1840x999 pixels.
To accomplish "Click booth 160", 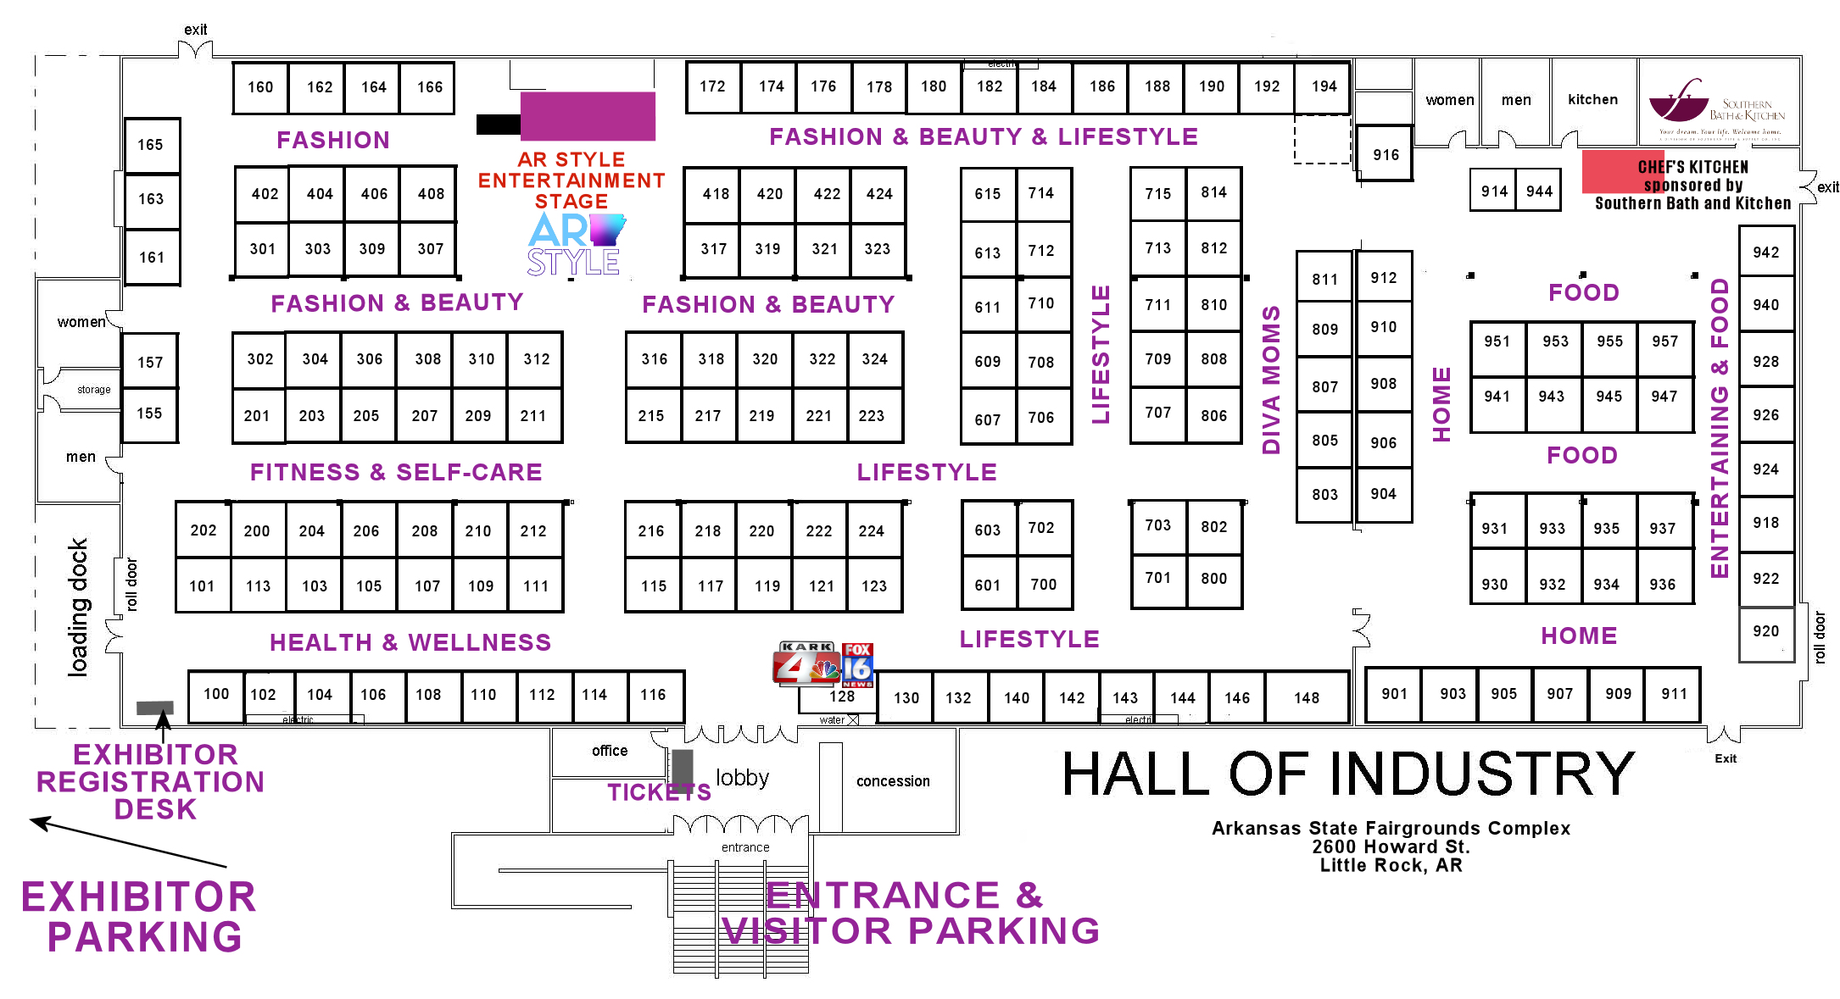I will coord(259,87).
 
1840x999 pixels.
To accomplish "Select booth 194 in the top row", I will coord(1323,86).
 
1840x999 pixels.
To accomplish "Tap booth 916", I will coord(1386,154).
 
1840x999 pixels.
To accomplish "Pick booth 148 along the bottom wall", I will coord(1306,697).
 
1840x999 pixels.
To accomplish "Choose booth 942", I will coord(1765,252).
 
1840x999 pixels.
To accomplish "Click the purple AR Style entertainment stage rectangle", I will coord(588,116).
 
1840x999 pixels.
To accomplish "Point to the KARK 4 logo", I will coord(805,663).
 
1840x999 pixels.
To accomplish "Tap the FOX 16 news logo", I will coord(857,664).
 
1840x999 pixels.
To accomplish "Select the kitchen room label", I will coord(1592,99).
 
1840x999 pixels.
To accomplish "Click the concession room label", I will coord(893,780).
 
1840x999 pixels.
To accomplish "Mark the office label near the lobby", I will coord(610,751).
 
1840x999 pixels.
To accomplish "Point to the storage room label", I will coord(93,390).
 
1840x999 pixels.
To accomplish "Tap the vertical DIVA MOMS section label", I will coord(1270,380).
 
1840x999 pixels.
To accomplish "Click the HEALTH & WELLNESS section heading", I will coord(410,642).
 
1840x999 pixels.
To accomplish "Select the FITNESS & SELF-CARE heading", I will coord(396,472).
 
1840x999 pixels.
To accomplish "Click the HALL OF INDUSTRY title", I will coord(1348,774).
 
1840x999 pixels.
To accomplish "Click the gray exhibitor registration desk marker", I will coord(155,708).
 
